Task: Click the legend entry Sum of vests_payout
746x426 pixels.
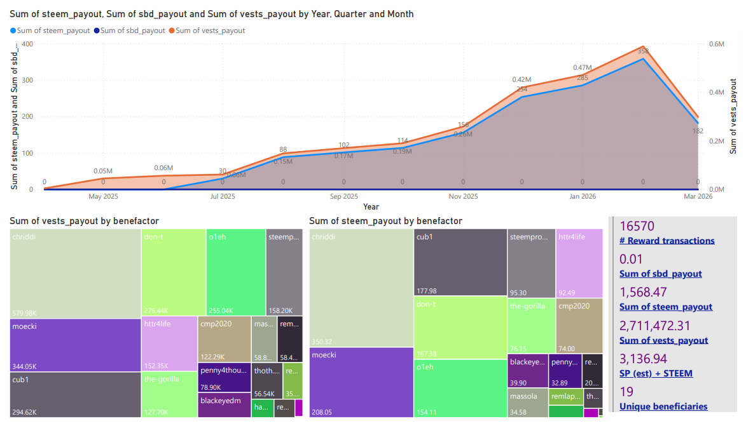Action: pyautogui.click(x=210, y=30)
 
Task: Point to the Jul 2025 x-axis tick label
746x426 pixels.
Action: pyautogui.click(x=223, y=197)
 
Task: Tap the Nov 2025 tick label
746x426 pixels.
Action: pyautogui.click(x=463, y=197)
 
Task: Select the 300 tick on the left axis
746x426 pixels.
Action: pyautogui.click(x=27, y=81)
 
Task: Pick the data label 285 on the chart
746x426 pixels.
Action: pyautogui.click(x=583, y=77)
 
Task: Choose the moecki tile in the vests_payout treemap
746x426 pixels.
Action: pyautogui.click(x=76, y=345)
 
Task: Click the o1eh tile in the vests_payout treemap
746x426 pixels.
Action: pyautogui.click(x=235, y=273)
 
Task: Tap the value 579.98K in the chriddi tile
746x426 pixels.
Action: pyautogui.click(x=25, y=312)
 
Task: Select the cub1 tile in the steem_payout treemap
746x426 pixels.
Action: pyautogui.click(x=460, y=262)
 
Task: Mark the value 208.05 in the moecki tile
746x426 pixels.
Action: pyautogui.click(x=322, y=412)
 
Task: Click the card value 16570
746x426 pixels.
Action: pyautogui.click(x=637, y=227)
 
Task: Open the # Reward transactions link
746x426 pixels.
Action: pyautogui.click(x=667, y=241)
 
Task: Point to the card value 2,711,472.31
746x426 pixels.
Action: pyautogui.click(x=663, y=326)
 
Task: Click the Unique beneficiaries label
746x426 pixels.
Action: pyautogui.click(x=663, y=406)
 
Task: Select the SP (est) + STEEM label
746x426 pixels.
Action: pyautogui.click(x=656, y=373)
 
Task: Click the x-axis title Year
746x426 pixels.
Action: pyautogui.click(x=371, y=207)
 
